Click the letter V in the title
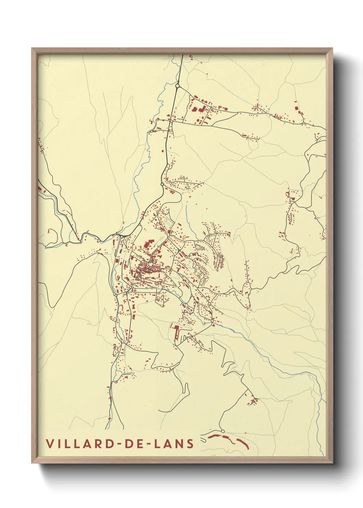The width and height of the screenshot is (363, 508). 50,444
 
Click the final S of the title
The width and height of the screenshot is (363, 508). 190,444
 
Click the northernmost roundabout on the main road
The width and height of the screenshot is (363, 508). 177,86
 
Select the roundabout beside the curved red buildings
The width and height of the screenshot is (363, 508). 222,431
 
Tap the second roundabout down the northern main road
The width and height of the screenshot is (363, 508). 162,184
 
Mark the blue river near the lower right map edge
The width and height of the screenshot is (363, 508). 320,395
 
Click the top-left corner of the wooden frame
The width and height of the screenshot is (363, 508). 32,49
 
